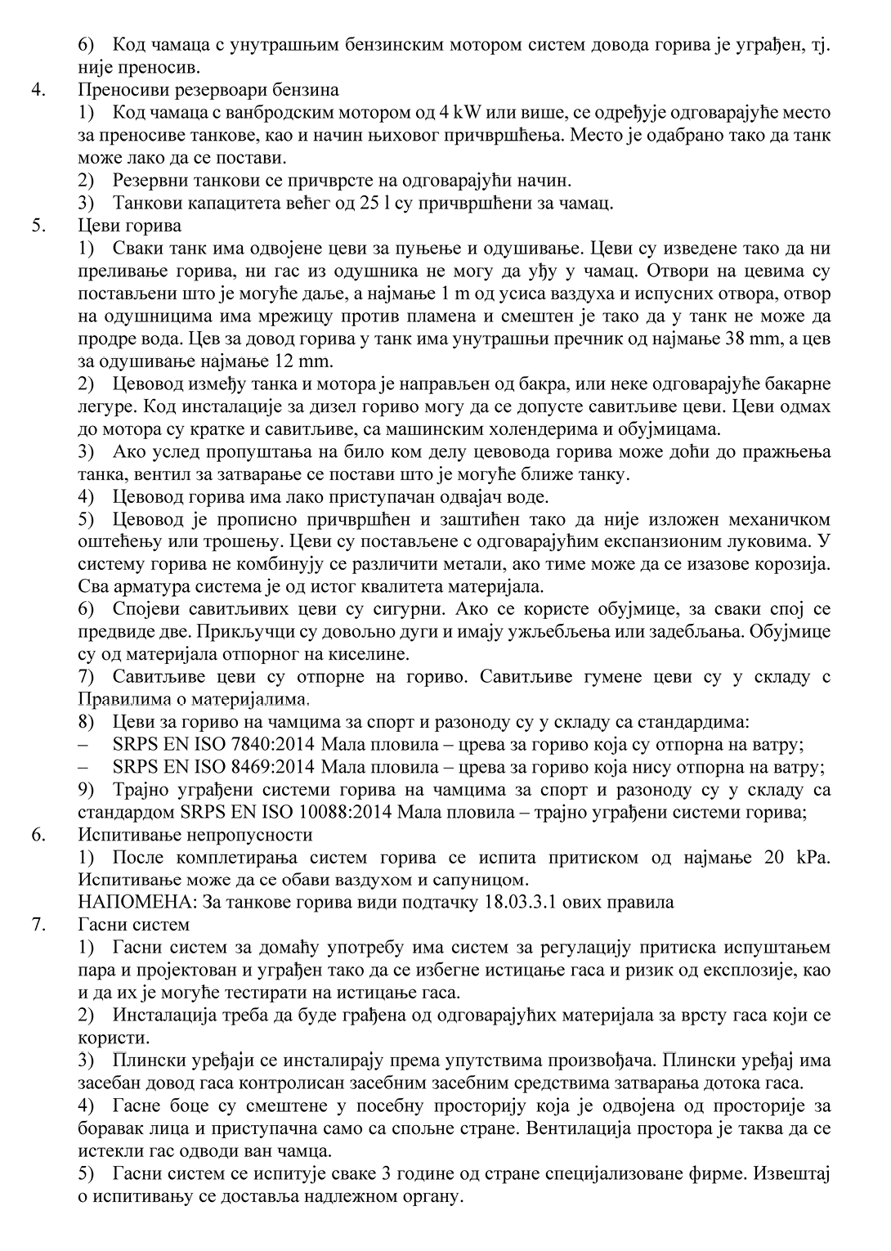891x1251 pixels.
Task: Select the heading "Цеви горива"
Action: click(130, 225)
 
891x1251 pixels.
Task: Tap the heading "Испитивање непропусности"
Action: click(195, 835)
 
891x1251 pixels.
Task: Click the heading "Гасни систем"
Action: click(135, 925)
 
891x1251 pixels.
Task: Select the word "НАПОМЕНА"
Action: click(130, 903)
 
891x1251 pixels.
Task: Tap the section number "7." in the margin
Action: click(37, 925)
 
